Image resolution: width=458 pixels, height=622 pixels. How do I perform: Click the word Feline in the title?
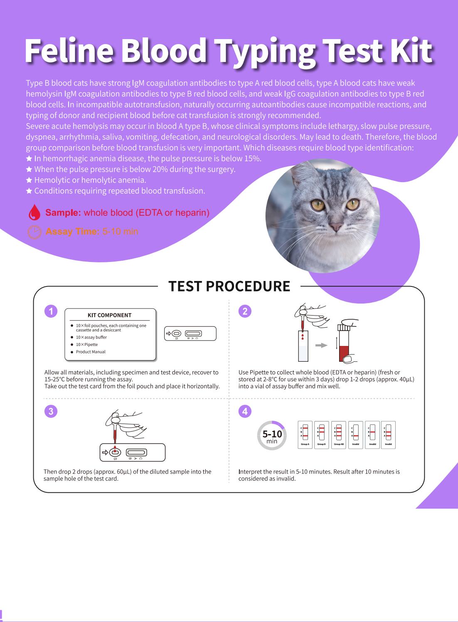click(x=69, y=50)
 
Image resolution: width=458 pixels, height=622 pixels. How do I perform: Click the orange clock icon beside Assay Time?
click(x=34, y=232)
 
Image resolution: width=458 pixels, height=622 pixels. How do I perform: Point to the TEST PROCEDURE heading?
click(x=229, y=286)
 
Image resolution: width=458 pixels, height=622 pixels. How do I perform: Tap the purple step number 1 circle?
click(x=51, y=311)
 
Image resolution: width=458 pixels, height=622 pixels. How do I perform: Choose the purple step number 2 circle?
click(x=245, y=311)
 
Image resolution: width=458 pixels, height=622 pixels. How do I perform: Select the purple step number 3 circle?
click(x=51, y=411)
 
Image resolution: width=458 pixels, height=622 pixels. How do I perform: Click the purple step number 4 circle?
click(x=245, y=411)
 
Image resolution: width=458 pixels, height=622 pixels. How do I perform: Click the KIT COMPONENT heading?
click(x=110, y=315)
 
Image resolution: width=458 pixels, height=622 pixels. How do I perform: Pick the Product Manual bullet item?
click(x=91, y=352)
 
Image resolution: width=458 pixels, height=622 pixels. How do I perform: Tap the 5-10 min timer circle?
click(x=272, y=435)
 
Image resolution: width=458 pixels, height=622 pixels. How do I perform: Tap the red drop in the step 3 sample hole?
click(x=115, y=451)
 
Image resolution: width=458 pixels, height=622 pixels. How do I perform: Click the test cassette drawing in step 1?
click(x=190, y=333)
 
